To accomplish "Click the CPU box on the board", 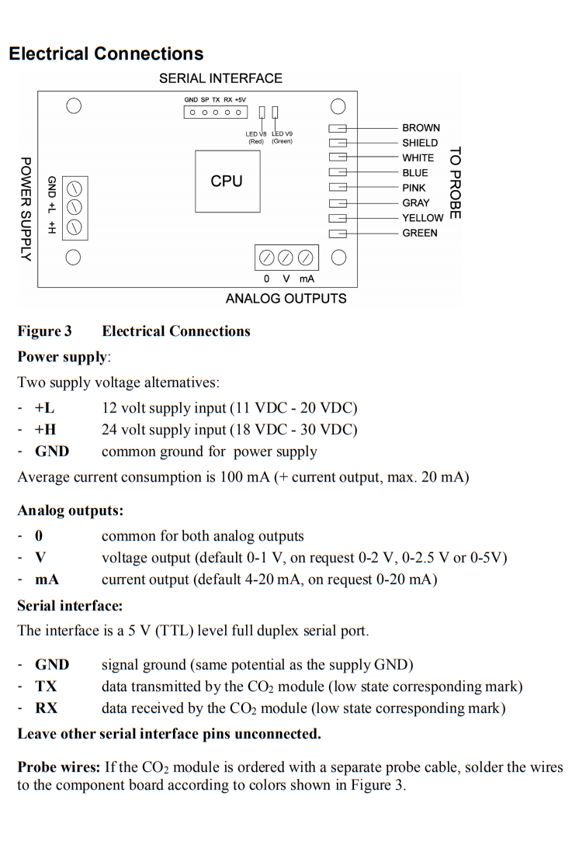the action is pos(227,181).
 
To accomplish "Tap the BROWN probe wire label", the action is pos(421,128).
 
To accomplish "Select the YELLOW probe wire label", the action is pos(423,218).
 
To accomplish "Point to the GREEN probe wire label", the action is pos(419,233).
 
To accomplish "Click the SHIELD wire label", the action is pos(420,143).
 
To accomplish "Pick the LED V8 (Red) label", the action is pos(256,137).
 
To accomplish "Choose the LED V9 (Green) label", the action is pos(282,137).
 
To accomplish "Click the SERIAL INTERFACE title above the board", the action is pos(220,78).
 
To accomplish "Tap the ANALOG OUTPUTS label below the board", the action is pos(286,299).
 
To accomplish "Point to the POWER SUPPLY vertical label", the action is pos(26,209).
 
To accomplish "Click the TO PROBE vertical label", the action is pos(456,183).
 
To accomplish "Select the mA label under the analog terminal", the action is pos(307,279).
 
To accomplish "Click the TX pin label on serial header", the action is pos(216,100).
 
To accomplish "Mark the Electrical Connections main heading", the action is pos(106,54).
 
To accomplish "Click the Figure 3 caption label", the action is pos(44,331).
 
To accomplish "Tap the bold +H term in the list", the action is pos(46,429).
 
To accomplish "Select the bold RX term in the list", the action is pos(46,707).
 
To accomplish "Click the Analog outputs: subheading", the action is pos(71,510).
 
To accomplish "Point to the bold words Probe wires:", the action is pos(59,767).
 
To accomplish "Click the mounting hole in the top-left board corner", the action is pos(74,106).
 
